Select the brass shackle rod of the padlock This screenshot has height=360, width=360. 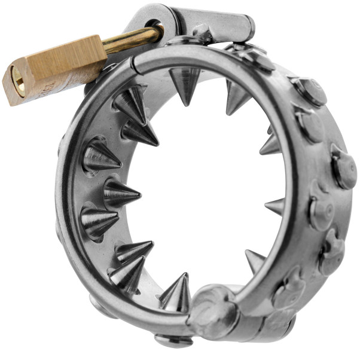tap(129, 39)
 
